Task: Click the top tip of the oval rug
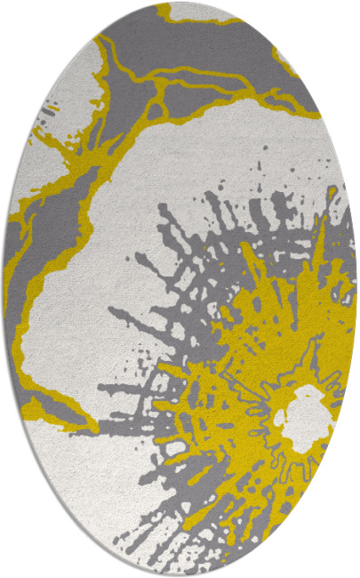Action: [x=180, y=3]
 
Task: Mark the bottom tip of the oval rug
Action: [x=180, y=575]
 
